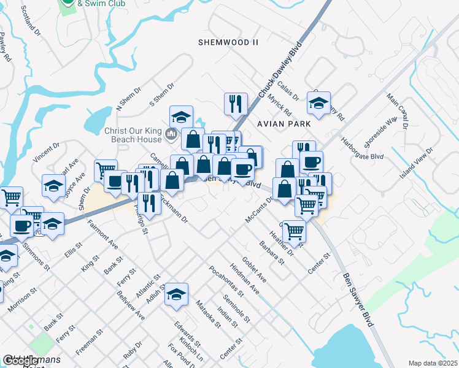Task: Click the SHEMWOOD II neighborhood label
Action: (228, 42)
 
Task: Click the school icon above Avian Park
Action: (318, 104)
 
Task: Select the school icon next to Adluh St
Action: (176, 295)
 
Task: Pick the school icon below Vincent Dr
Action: (53, 186)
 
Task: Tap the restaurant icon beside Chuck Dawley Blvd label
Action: (236, 105)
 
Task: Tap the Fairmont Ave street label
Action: (102, 234)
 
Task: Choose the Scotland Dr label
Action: (29, 20)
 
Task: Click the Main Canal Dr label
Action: (396, 111)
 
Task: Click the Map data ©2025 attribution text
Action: (433, 363)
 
